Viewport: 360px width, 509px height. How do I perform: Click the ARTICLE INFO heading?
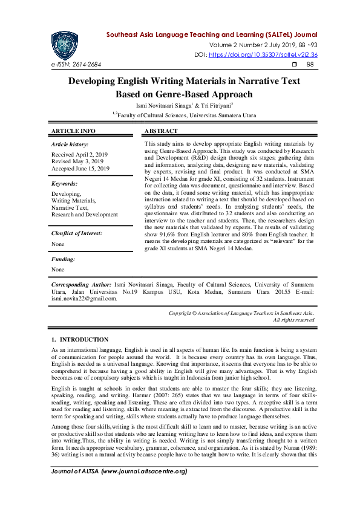coord(73,131)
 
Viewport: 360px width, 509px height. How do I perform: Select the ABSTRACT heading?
coord(162,131)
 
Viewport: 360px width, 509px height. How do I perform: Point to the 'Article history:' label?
coord(70,145)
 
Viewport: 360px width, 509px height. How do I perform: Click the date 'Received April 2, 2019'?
coord(79,155)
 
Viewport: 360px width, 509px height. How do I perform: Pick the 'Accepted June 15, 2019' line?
coord(80,169)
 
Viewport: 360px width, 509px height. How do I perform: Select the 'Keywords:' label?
coord(64,183)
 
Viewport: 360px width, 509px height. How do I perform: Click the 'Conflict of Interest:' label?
coord(76,233)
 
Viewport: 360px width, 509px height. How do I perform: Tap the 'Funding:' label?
coord(63,259)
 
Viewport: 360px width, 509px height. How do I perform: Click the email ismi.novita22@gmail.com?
coord(83,298)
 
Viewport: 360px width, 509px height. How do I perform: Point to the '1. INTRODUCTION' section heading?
coord(80,340)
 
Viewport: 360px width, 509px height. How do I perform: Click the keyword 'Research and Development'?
coord(85,215)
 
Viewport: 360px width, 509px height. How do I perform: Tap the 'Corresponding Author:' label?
coord(81,284)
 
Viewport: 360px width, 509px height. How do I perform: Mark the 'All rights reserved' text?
coord(293,320)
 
